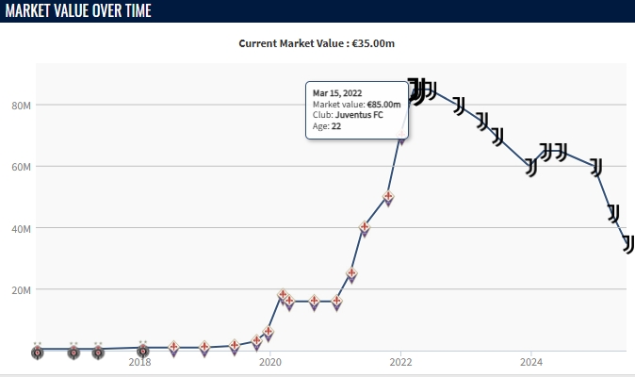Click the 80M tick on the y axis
(x=22, y=105)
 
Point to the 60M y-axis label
(x=22, y=167)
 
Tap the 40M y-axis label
(x=22, y=228)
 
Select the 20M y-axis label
(x=22, y=289)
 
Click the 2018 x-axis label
(x=139, y=361)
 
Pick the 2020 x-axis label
(x=270, y=361)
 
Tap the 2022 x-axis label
(x=401, y=361)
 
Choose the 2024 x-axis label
(x=531, y=361)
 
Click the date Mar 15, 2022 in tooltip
(x=337, y=92)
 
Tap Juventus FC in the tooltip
(x=363, y=115)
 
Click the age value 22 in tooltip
(x=336, y=126)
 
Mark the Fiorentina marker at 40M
(x=365, y=228)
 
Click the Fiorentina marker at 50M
(x=387, y=198)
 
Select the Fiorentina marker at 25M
(x=351, y=274)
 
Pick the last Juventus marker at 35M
(x=628, y=243)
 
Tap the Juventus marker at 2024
(x=531, y=167)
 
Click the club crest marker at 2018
(x=142, y=352)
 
